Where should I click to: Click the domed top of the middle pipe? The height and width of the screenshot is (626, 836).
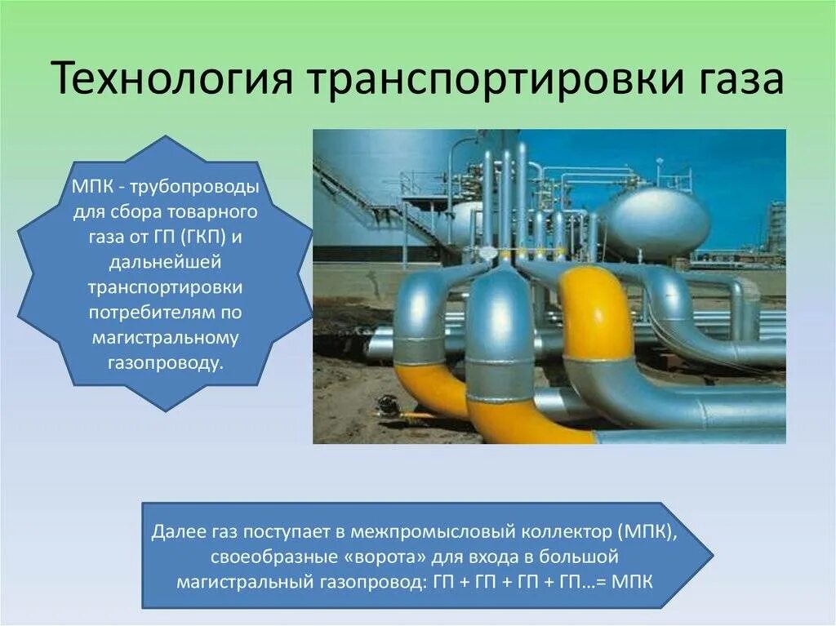pos(499,286)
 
